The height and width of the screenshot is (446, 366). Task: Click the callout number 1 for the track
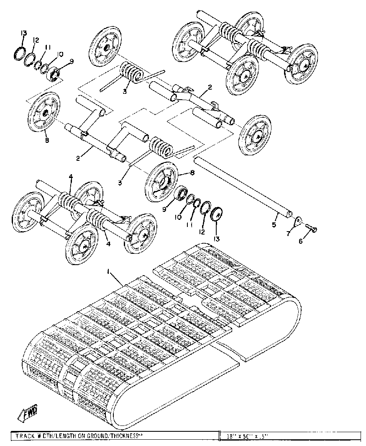click(109, 272)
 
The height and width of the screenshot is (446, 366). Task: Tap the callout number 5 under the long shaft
click(274, 225)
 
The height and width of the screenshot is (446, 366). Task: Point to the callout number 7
click(288, 233)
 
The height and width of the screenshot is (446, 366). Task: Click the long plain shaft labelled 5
click(243, 186)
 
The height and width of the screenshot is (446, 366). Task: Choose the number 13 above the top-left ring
click(24, 34)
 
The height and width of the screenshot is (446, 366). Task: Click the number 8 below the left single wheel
click(47, 140)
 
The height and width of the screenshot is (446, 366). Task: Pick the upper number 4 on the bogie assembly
click(71, 177)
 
